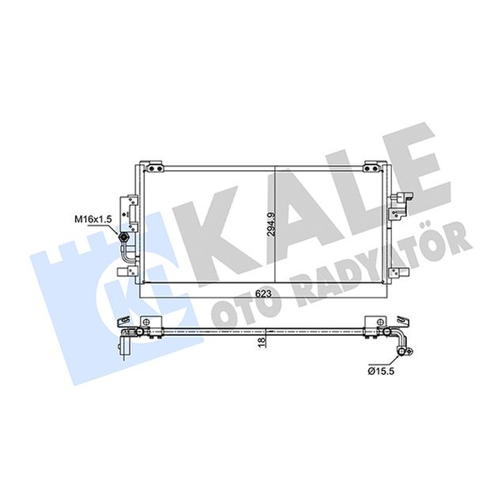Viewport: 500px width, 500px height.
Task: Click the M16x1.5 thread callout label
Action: coord(93,219)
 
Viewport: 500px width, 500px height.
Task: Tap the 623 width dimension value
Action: coord(263,293)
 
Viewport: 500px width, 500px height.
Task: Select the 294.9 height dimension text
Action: coord(271,224)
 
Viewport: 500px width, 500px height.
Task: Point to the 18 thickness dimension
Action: coord(262,341)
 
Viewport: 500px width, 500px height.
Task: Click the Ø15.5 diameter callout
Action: coord(381,372)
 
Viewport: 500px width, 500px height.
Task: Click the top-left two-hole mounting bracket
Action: coord(155,167)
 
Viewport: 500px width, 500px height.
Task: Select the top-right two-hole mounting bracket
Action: coord(373,167)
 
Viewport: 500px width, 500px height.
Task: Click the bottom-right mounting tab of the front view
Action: coord(398,272)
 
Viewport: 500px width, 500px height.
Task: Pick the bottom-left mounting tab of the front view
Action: coord(127,272)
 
